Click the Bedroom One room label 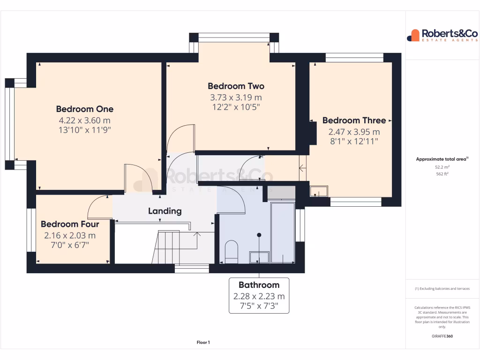(x=84, y=109)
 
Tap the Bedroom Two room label (x=236, y=86)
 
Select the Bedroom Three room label (x=354, y=120)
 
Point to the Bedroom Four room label (x=69, y=224)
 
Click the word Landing (x=165, y=211)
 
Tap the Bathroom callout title (x=259, y=285)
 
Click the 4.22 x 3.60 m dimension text (x=84, y=120)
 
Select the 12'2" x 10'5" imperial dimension (x=236, y=107)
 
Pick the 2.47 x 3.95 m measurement (x=354, y=132)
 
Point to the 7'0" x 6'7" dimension (x=69, y=245)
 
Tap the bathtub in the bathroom (x=283, y=232)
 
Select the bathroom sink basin (x=259, y=257)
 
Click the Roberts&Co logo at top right (x=442, y=35)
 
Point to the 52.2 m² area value (x=442, y=167)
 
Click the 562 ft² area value (x=442, y=174)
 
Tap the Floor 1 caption (x=203, y=343)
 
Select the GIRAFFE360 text (x=442, y=336)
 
